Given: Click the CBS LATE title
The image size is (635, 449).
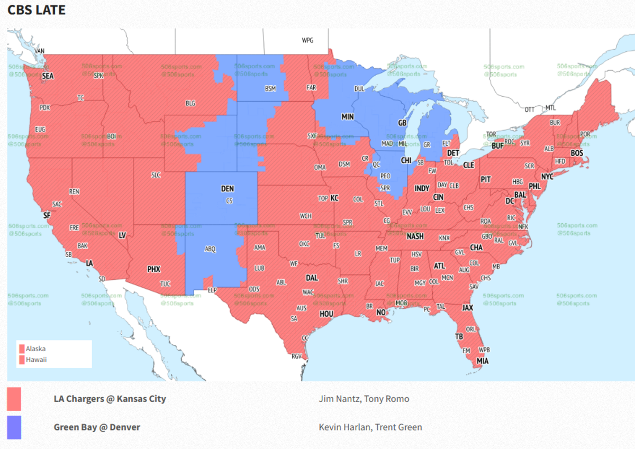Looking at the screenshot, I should click(37, 10).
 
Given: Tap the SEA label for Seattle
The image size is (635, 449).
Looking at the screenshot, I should click(48, 76).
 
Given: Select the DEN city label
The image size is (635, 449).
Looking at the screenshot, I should click(228, 189).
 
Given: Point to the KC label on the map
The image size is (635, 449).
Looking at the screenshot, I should click(334, 198).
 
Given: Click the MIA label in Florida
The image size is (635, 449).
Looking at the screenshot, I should click(482, 361).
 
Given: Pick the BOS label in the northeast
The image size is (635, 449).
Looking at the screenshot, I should click(576, 153).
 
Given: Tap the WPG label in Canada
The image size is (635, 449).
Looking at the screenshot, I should click(307, 40).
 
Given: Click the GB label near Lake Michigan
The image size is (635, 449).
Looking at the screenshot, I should click(402, 123).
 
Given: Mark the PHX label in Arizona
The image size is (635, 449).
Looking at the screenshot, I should click(153, 269).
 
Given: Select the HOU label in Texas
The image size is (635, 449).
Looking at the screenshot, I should click(326, 314).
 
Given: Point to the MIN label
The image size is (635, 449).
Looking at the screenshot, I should click(347, 116).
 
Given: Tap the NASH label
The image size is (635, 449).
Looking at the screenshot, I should click(415, 236).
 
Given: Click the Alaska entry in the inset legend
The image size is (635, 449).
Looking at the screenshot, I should click(35, 349).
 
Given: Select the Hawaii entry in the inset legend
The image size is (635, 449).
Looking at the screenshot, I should click(35, 360).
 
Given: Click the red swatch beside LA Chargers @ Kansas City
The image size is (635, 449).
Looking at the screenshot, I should click(14, 399).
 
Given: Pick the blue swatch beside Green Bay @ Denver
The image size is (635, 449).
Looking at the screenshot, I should click(14, 427).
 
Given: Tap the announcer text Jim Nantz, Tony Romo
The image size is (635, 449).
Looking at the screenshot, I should click(364, 399).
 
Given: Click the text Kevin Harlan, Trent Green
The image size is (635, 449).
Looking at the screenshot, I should click(370, 427).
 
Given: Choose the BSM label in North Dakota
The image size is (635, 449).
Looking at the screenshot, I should click(270, 88).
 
